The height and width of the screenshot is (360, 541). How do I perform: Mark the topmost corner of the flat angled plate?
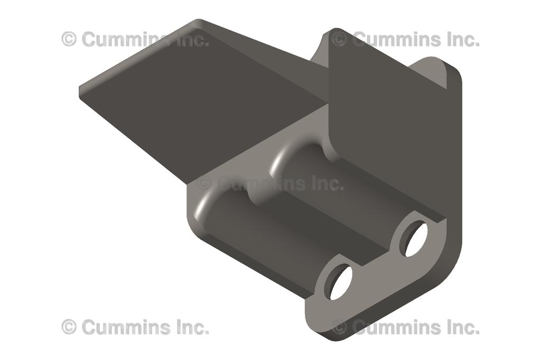[199, 22]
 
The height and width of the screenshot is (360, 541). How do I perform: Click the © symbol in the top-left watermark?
[69, 39]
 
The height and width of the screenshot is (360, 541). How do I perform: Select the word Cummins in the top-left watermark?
[126, 39]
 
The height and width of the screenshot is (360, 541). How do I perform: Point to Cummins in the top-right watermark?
[396, 39]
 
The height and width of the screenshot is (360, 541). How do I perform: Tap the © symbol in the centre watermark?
[204, 184]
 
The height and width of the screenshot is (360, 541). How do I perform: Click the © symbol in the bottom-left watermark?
[69, 327]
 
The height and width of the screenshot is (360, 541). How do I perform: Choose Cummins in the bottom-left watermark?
[126, 327]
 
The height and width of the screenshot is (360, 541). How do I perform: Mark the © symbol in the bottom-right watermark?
[340, 327]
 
